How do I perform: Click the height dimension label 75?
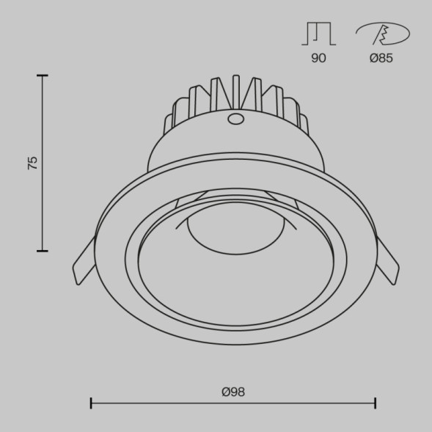pos(32,163)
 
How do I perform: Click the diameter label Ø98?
pos(233,392)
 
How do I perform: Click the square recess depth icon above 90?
pos(318,34)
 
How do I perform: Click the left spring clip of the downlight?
pos(84,262)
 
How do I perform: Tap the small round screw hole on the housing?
pos(236,119)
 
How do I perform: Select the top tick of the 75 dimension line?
pos(42,76)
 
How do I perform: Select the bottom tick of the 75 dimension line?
pos(42,251)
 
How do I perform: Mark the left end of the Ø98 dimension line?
pos(91,403)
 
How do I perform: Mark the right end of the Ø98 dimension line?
pos(376,403)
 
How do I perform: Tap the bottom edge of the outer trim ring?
pos(233,344)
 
